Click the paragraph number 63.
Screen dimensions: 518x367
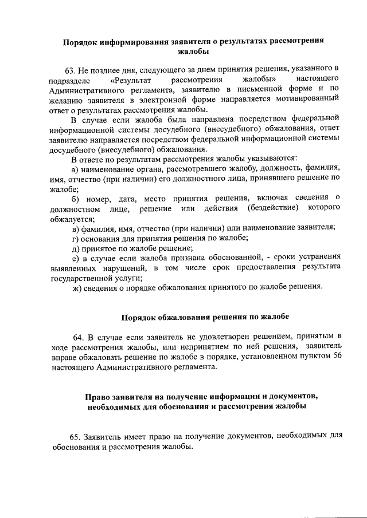pyautogui.click(x=71, y=70)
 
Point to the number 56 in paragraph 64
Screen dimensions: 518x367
pyautogui.click(x=337, y=357)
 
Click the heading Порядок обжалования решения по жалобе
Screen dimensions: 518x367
pyautogui.click(x=205, y=317)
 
